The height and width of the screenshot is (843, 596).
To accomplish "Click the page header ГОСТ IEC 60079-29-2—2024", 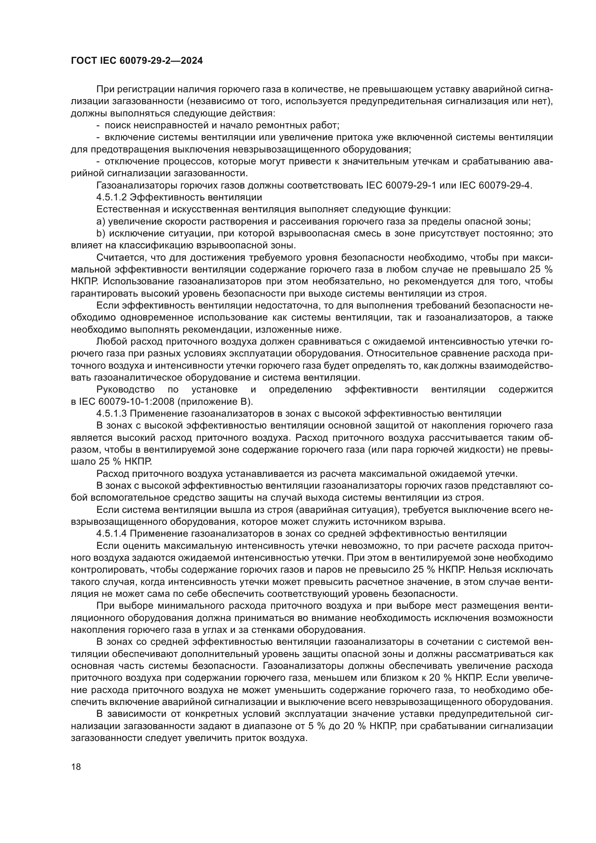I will pyautogui.click(x=137, y=61).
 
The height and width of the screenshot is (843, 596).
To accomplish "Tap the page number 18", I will pyautogui.click(x=76, y=767).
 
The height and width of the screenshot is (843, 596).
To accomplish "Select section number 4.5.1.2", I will pyautogui.click(x=112, y=197).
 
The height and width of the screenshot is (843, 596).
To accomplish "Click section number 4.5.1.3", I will pyautogui.click(x=112, y=413).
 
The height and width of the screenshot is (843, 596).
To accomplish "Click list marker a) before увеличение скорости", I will pyautogui.click(x=101, y=221).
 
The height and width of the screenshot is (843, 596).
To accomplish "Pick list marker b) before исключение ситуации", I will pyautogui.click(x=101, y=234).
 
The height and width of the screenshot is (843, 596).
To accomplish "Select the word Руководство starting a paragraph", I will pyautogui.click(x=125, y=389).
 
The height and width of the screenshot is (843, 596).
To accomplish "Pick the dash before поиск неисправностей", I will pyautogui.click(x=98, y=125).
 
